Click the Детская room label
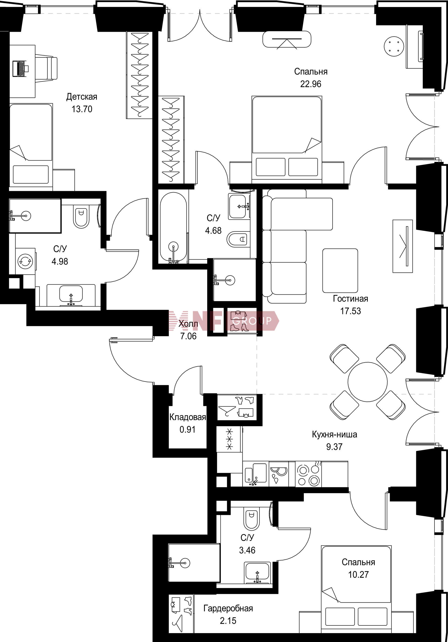click(82, 97)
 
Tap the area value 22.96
click(311, 84)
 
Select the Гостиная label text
click(350, 299)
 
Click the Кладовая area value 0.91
click(187, 429)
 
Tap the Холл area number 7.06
click(188, 336)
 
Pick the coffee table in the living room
click(340, 271)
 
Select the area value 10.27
click(358, 574)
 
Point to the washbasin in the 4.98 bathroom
click(71, 295)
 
